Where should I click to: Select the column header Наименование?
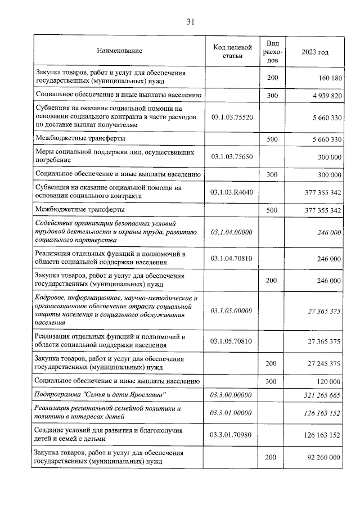point(119,51)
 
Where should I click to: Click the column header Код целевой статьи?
point(232,51)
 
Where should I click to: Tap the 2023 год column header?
point(315,52)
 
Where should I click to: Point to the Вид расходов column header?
point(272,51)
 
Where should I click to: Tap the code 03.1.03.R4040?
point(232,192)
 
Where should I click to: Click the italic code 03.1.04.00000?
point(232,232)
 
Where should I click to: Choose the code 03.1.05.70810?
point(232,341)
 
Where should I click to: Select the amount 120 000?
point(328,381)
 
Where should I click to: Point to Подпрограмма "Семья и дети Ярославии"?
point(100,395)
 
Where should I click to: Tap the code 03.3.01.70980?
point(232,434)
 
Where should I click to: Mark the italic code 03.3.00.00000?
point(232,395)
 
